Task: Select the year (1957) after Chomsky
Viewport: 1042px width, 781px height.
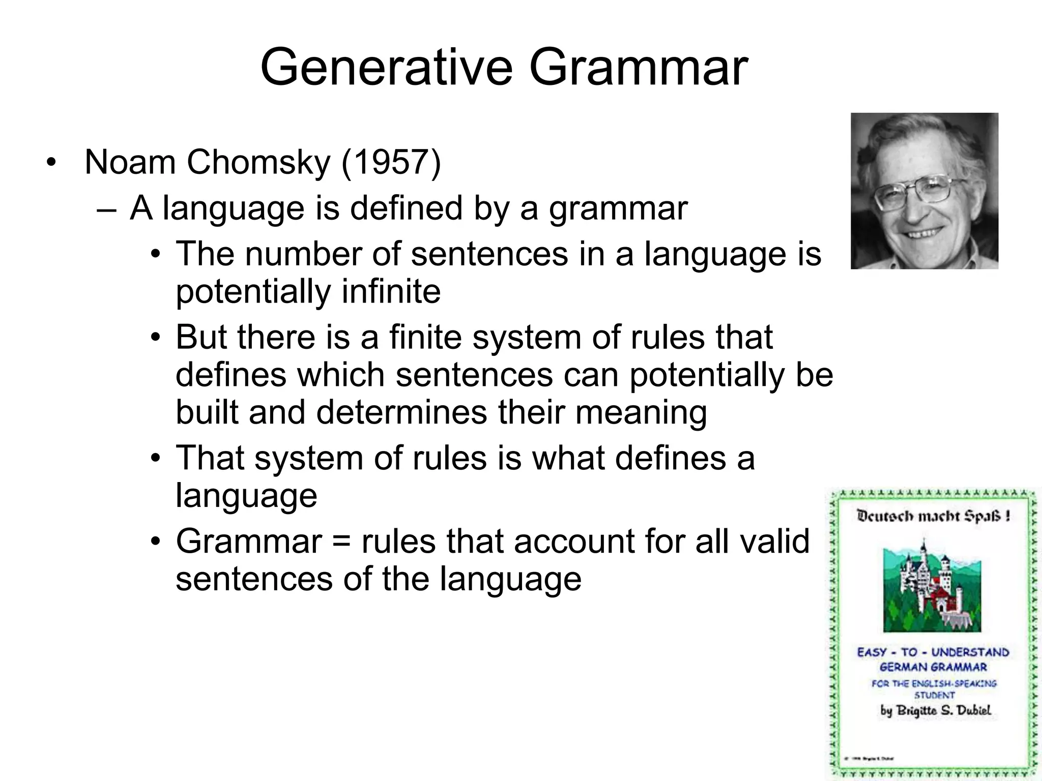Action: [x=391, y=162]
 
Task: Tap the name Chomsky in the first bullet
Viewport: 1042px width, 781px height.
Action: [x=258, y=162]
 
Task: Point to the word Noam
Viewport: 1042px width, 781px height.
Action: [x=130, y=162]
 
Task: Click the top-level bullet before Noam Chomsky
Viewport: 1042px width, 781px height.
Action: [x=50, y=163]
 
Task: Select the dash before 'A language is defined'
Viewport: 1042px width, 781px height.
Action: [x=107, y=209]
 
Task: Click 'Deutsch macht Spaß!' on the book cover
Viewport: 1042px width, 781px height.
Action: [x=933, y=517]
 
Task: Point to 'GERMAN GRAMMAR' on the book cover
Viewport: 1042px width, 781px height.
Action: [x=933, y=667]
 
